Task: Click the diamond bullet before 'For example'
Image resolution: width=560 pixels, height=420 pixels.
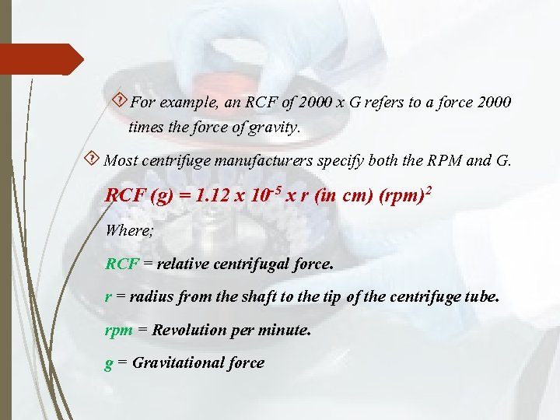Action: point(120,100)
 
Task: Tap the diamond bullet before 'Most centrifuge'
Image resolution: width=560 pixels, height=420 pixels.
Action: point(93,160)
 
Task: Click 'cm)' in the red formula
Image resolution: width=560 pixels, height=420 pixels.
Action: point(355,195)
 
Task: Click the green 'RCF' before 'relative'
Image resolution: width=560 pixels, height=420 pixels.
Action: point(121,264)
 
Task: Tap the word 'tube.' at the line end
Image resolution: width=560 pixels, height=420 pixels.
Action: point(482,297)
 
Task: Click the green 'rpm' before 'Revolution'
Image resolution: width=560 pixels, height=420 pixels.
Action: point(118,331)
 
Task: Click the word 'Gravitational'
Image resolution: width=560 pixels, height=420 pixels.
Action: point(177,363)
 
